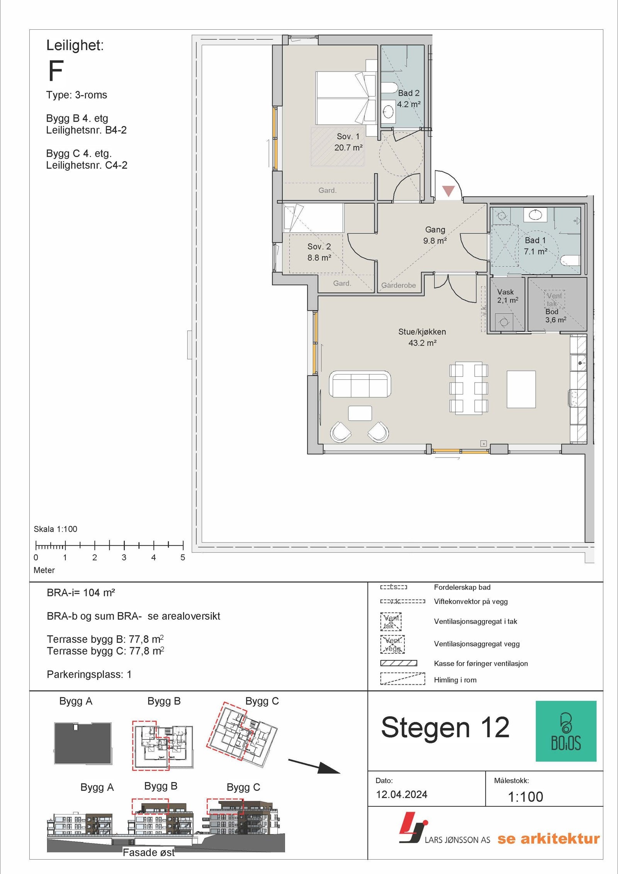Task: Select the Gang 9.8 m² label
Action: (x=435, y=235)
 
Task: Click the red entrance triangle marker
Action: (x=448, y=191)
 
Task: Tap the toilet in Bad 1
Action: (x=570, y=260)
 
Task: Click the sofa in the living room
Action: (x=360, y=384)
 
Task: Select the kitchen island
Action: (x=521, y=389)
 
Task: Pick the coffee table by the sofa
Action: (x=360, y=413)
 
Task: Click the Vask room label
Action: (x=505, y=292)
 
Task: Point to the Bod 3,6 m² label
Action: (x=555, y=316)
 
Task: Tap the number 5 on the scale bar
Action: (x=183, y=558)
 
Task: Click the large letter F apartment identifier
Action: (x=56, y=71)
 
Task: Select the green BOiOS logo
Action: (x=566, y=731)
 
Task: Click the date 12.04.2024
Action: (x=402, y=794)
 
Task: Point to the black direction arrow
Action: (x=314, y=766)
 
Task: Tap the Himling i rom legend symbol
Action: (x=402, y=678)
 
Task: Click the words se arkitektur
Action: (x=548, y=838)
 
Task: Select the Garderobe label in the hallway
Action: (x=399, y=285)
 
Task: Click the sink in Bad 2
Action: (x=388, y=112)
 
